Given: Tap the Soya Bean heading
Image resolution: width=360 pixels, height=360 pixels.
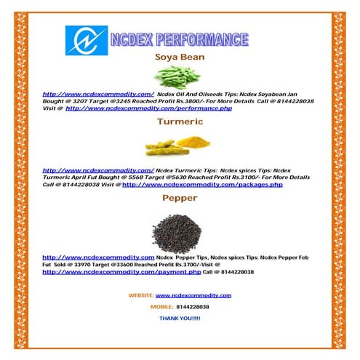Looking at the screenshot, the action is [180, 57].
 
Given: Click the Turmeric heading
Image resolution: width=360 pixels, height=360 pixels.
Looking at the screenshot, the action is [180, 122].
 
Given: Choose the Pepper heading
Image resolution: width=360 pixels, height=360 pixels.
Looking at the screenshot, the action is [180, 198].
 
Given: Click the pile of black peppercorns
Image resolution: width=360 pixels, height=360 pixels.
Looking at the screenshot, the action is [180, 231].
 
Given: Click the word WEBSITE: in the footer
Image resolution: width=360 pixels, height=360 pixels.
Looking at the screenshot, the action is [140, 295].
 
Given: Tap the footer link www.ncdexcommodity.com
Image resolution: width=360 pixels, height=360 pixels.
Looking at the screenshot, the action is [193, 295].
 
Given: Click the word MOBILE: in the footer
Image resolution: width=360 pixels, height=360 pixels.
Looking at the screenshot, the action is [161, 307].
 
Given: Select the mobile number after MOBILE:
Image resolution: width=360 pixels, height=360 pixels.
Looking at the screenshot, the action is [193, 307].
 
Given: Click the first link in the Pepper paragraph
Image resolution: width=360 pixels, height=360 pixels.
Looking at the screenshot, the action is [98, 257].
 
